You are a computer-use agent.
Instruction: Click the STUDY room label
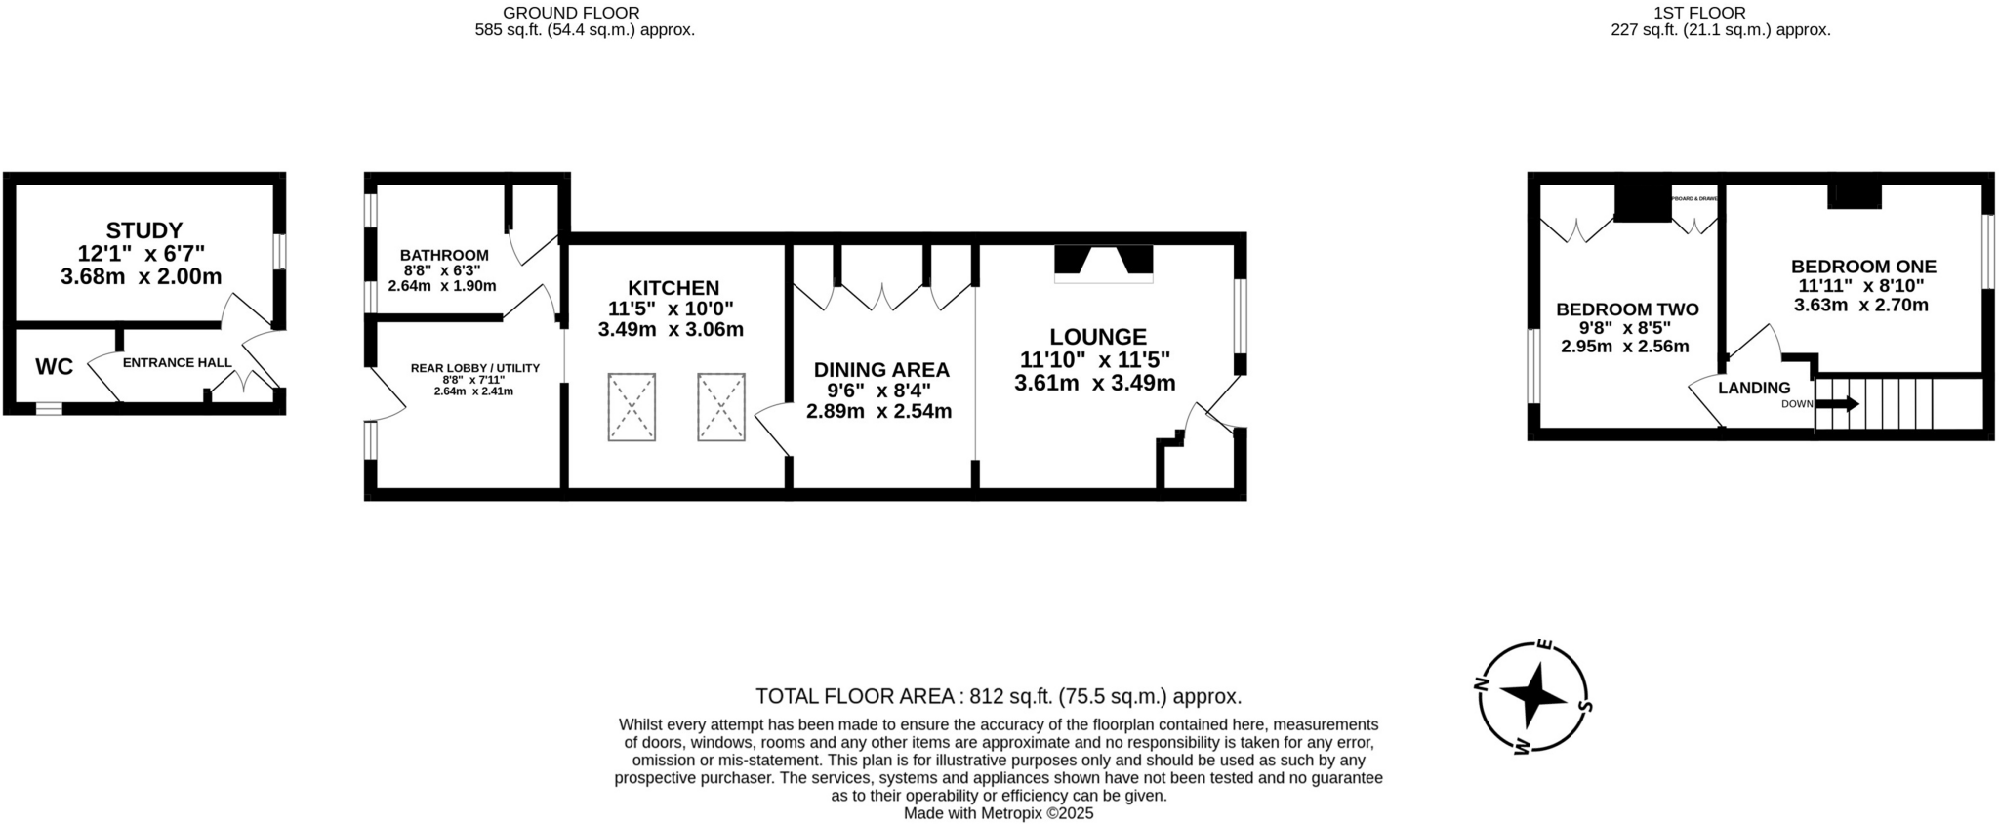pos(144,231)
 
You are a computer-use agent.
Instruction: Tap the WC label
pos(54,367)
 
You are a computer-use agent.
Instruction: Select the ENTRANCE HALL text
pos(177,362)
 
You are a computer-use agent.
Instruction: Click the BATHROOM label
pos(444,255)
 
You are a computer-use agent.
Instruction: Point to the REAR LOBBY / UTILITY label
pos(474,368)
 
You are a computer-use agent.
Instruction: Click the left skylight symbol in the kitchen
pos(632,407)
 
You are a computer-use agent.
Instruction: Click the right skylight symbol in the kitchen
pos(721,407)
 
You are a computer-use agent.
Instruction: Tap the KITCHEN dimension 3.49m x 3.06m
pos(671,330)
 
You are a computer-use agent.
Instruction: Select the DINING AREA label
pos(881,370)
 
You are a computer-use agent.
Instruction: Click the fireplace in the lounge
pos(1103,263)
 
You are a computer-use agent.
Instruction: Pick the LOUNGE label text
pos(1097,337)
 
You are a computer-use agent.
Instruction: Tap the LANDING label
pos(1754,388)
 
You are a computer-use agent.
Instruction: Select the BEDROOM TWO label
pos(1627,309)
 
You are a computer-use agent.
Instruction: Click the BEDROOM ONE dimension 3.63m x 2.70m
pos(1861,305)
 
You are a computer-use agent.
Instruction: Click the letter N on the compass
pos(1480,684)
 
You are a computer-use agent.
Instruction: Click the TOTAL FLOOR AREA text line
pos(999,696)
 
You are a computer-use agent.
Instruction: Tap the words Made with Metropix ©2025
pos(999,812)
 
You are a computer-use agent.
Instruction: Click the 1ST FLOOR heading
pos(1720,13)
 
